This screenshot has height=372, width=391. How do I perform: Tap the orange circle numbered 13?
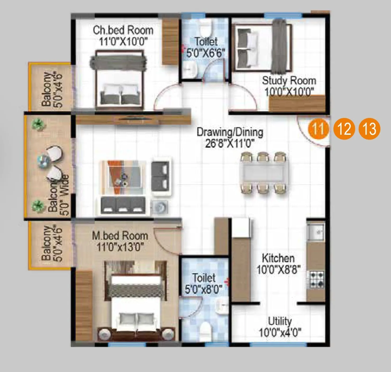(369, 129)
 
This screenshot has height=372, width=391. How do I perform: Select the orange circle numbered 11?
(319, 129)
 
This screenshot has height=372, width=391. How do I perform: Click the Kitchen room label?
(278, 258)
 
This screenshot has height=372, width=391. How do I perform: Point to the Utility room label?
(280, 321)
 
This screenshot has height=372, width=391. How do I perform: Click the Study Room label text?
(289, 81)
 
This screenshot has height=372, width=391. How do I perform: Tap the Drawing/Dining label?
(230, 132)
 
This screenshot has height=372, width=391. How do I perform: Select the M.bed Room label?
(120, 236)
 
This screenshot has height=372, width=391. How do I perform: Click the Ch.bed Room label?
(123, 30)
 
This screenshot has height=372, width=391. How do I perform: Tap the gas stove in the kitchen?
(317, 279)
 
